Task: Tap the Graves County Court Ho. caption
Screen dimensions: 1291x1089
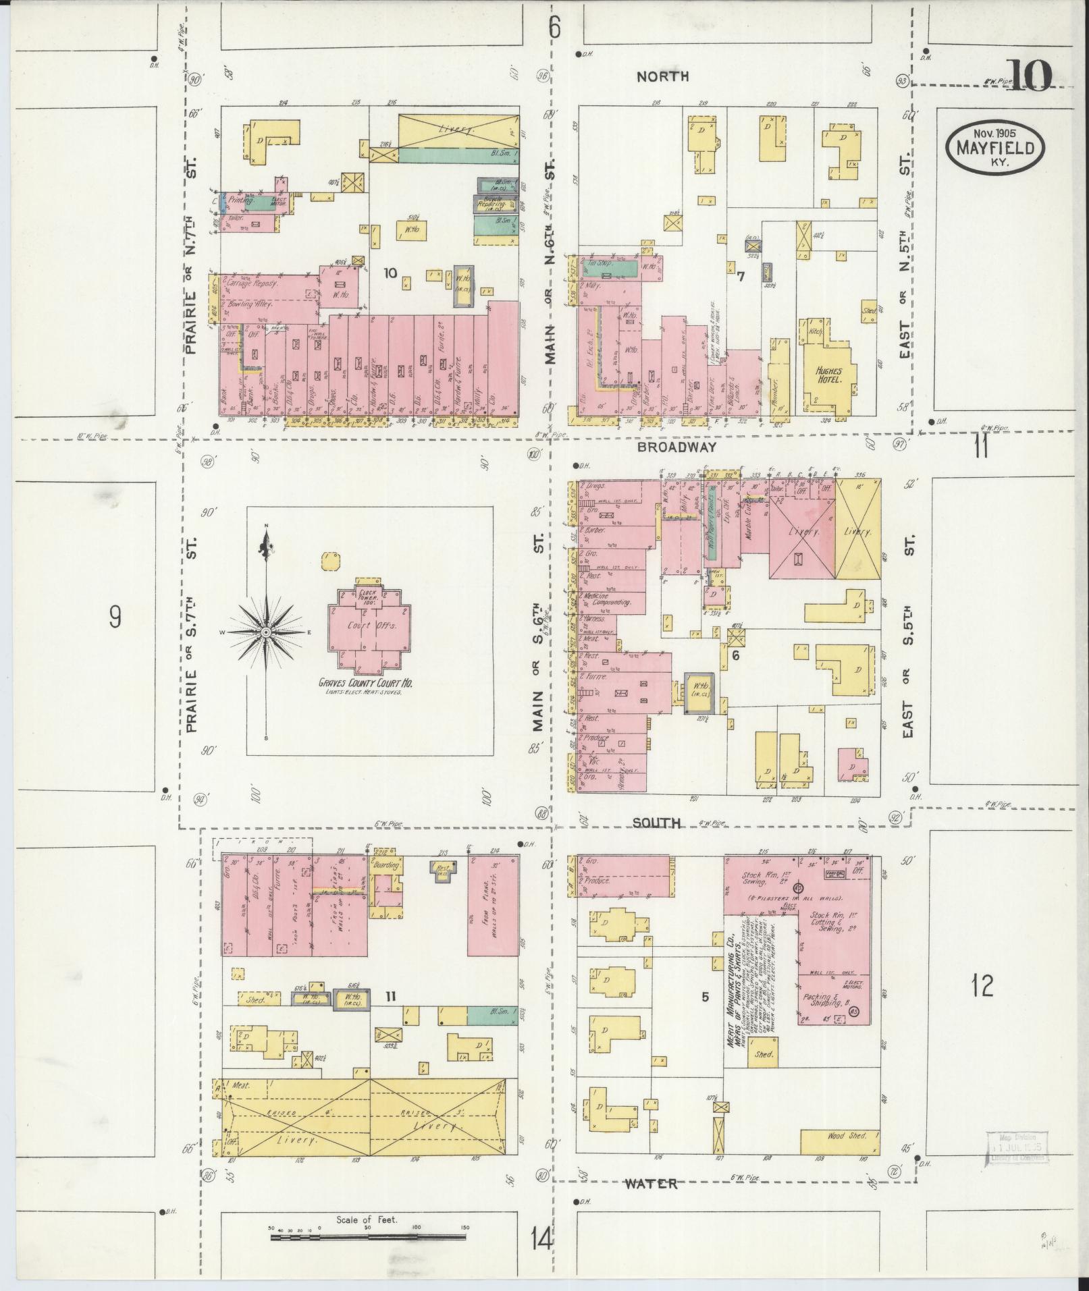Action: tap(366, 684)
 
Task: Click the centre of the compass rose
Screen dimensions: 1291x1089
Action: tap(266, 632)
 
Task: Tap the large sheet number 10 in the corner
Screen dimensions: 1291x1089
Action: tap(1029, 76)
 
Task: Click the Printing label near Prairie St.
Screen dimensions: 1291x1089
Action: tap(241, 200)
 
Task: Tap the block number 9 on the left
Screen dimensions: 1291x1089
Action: tap(115, 617)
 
